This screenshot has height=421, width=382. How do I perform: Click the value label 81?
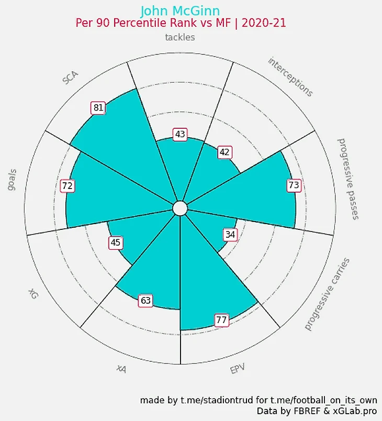click(98, 108)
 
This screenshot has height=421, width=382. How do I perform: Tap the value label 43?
click(180, 135)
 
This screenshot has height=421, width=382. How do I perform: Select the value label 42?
click(224, 152)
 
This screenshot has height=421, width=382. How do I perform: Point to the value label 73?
click(294, 185)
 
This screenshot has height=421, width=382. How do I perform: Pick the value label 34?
click(230, 235)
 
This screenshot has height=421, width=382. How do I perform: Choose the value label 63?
click(145, 301)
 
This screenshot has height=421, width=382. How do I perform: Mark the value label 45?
click(116, 242)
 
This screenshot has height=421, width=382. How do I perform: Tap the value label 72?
click(67, 185)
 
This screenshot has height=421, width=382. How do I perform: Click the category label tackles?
click(180, 37)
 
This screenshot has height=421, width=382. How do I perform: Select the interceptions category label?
click(290, 77)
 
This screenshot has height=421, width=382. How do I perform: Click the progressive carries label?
click(327, 294)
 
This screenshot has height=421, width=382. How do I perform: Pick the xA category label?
click(121, 369)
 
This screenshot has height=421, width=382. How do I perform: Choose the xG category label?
click(33, 293)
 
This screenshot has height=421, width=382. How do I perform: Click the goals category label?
click(12, 180)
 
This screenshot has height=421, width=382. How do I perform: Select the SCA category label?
click(70, 77)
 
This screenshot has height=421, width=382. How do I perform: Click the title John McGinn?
click(180, 11)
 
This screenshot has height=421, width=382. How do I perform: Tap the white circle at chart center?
click(179, 208)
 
